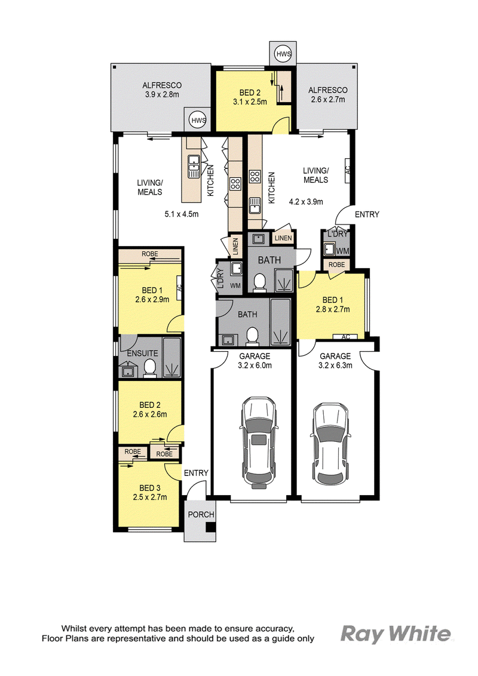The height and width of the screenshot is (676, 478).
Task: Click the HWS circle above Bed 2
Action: click(x=283, y=54)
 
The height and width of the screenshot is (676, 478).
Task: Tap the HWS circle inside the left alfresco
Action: click(x=198, y=120)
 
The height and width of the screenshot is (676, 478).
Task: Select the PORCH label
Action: click(x=201, y=514)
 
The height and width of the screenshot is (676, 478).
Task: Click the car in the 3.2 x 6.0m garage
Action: click(x=258, y=442)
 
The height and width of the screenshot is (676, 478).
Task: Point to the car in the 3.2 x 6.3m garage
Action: click(x=330, y=444)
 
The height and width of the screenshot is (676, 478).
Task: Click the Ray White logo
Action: click(x=396, y=635)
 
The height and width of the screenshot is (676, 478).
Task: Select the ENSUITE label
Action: click(x=142, y=353)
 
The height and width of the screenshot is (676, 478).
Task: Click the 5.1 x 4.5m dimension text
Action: click(x=182, y=214)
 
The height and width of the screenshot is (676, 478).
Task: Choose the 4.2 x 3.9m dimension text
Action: click(x=306, y=201)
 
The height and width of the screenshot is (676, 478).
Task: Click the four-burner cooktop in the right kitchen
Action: click(x=255, y=176)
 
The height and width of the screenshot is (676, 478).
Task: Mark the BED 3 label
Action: click(x=150, y=488)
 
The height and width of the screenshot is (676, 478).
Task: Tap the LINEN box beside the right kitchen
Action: click(x=283, y=238)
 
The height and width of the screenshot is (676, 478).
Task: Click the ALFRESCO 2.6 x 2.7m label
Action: click(x=328, y=95)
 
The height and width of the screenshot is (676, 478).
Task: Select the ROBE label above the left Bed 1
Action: click(x=150, y=254)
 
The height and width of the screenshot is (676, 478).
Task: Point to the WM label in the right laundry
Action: click(x=342, y=251)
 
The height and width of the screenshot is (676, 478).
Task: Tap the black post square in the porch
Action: click(x=211, y=527)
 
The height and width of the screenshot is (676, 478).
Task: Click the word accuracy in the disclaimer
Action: click(x=272, y=628)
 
